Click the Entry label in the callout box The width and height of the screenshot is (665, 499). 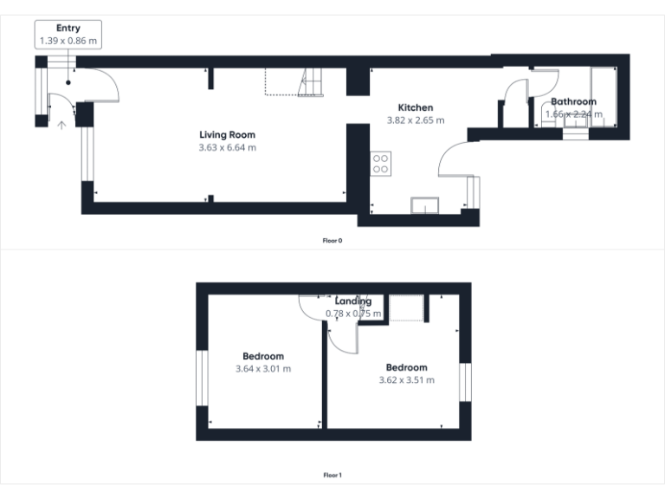coord(68,29)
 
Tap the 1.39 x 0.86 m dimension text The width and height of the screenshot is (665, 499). coord(68,40)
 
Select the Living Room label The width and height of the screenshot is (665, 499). coord(227,135)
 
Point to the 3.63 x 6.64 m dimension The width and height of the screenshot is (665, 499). coord(227,147)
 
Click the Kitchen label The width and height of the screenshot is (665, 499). coord(415,107)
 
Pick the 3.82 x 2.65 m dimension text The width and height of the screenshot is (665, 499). coord(415,120)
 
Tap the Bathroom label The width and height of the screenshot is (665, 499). coord(573,101)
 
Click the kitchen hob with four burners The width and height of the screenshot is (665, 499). coord(381,164)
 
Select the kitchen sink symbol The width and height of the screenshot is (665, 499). coord(425,204)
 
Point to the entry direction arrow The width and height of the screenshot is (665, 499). coord(61,125)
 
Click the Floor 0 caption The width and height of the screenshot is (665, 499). coord(332,240)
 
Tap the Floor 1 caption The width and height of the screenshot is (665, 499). coord(332,475)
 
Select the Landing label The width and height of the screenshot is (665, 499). coord(353,301)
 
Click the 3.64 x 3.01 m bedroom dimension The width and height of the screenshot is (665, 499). coord(263,368)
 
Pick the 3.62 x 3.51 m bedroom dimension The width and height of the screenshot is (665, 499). coord(407,379)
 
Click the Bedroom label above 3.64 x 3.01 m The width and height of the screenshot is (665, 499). coord(263,356)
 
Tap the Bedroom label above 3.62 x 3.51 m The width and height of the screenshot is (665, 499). coord(407,367)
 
